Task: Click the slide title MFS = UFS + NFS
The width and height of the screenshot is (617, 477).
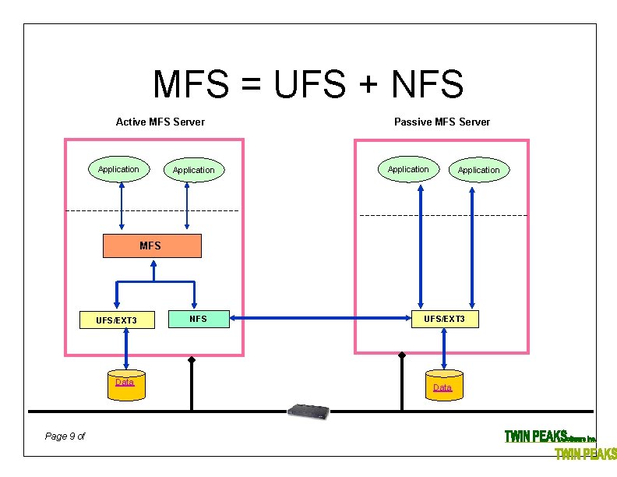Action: coord(308,84)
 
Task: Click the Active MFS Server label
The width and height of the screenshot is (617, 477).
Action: coord(160,122)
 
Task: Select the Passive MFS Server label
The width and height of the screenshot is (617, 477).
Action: coord(442,122)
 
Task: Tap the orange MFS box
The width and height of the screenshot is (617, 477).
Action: coord(153,246)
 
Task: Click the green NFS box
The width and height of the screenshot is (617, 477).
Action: coord(199,318)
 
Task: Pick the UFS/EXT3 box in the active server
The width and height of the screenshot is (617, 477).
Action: coord(117,320)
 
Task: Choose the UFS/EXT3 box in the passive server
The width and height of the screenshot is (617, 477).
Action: coord(444,319)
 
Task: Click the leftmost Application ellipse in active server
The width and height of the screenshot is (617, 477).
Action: coord(118,169)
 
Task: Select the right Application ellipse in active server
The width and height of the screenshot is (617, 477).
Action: coord(193,170)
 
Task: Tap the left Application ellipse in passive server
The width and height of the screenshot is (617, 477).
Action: coord(408,169)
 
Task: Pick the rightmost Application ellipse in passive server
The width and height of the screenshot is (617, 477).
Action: coord(478,170)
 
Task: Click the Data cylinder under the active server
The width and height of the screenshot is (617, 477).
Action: coord(125,385)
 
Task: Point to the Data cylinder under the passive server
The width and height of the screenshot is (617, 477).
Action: coord(442,387)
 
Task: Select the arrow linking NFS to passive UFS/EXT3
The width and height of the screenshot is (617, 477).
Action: coord(321,318)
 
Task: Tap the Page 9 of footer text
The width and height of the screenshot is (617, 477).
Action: coord(65,436)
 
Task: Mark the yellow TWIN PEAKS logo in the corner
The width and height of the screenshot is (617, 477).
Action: coord(585,454)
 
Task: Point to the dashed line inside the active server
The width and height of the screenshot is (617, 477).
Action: coord(152,211)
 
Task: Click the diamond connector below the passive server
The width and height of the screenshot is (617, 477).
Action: coord(402,355)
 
